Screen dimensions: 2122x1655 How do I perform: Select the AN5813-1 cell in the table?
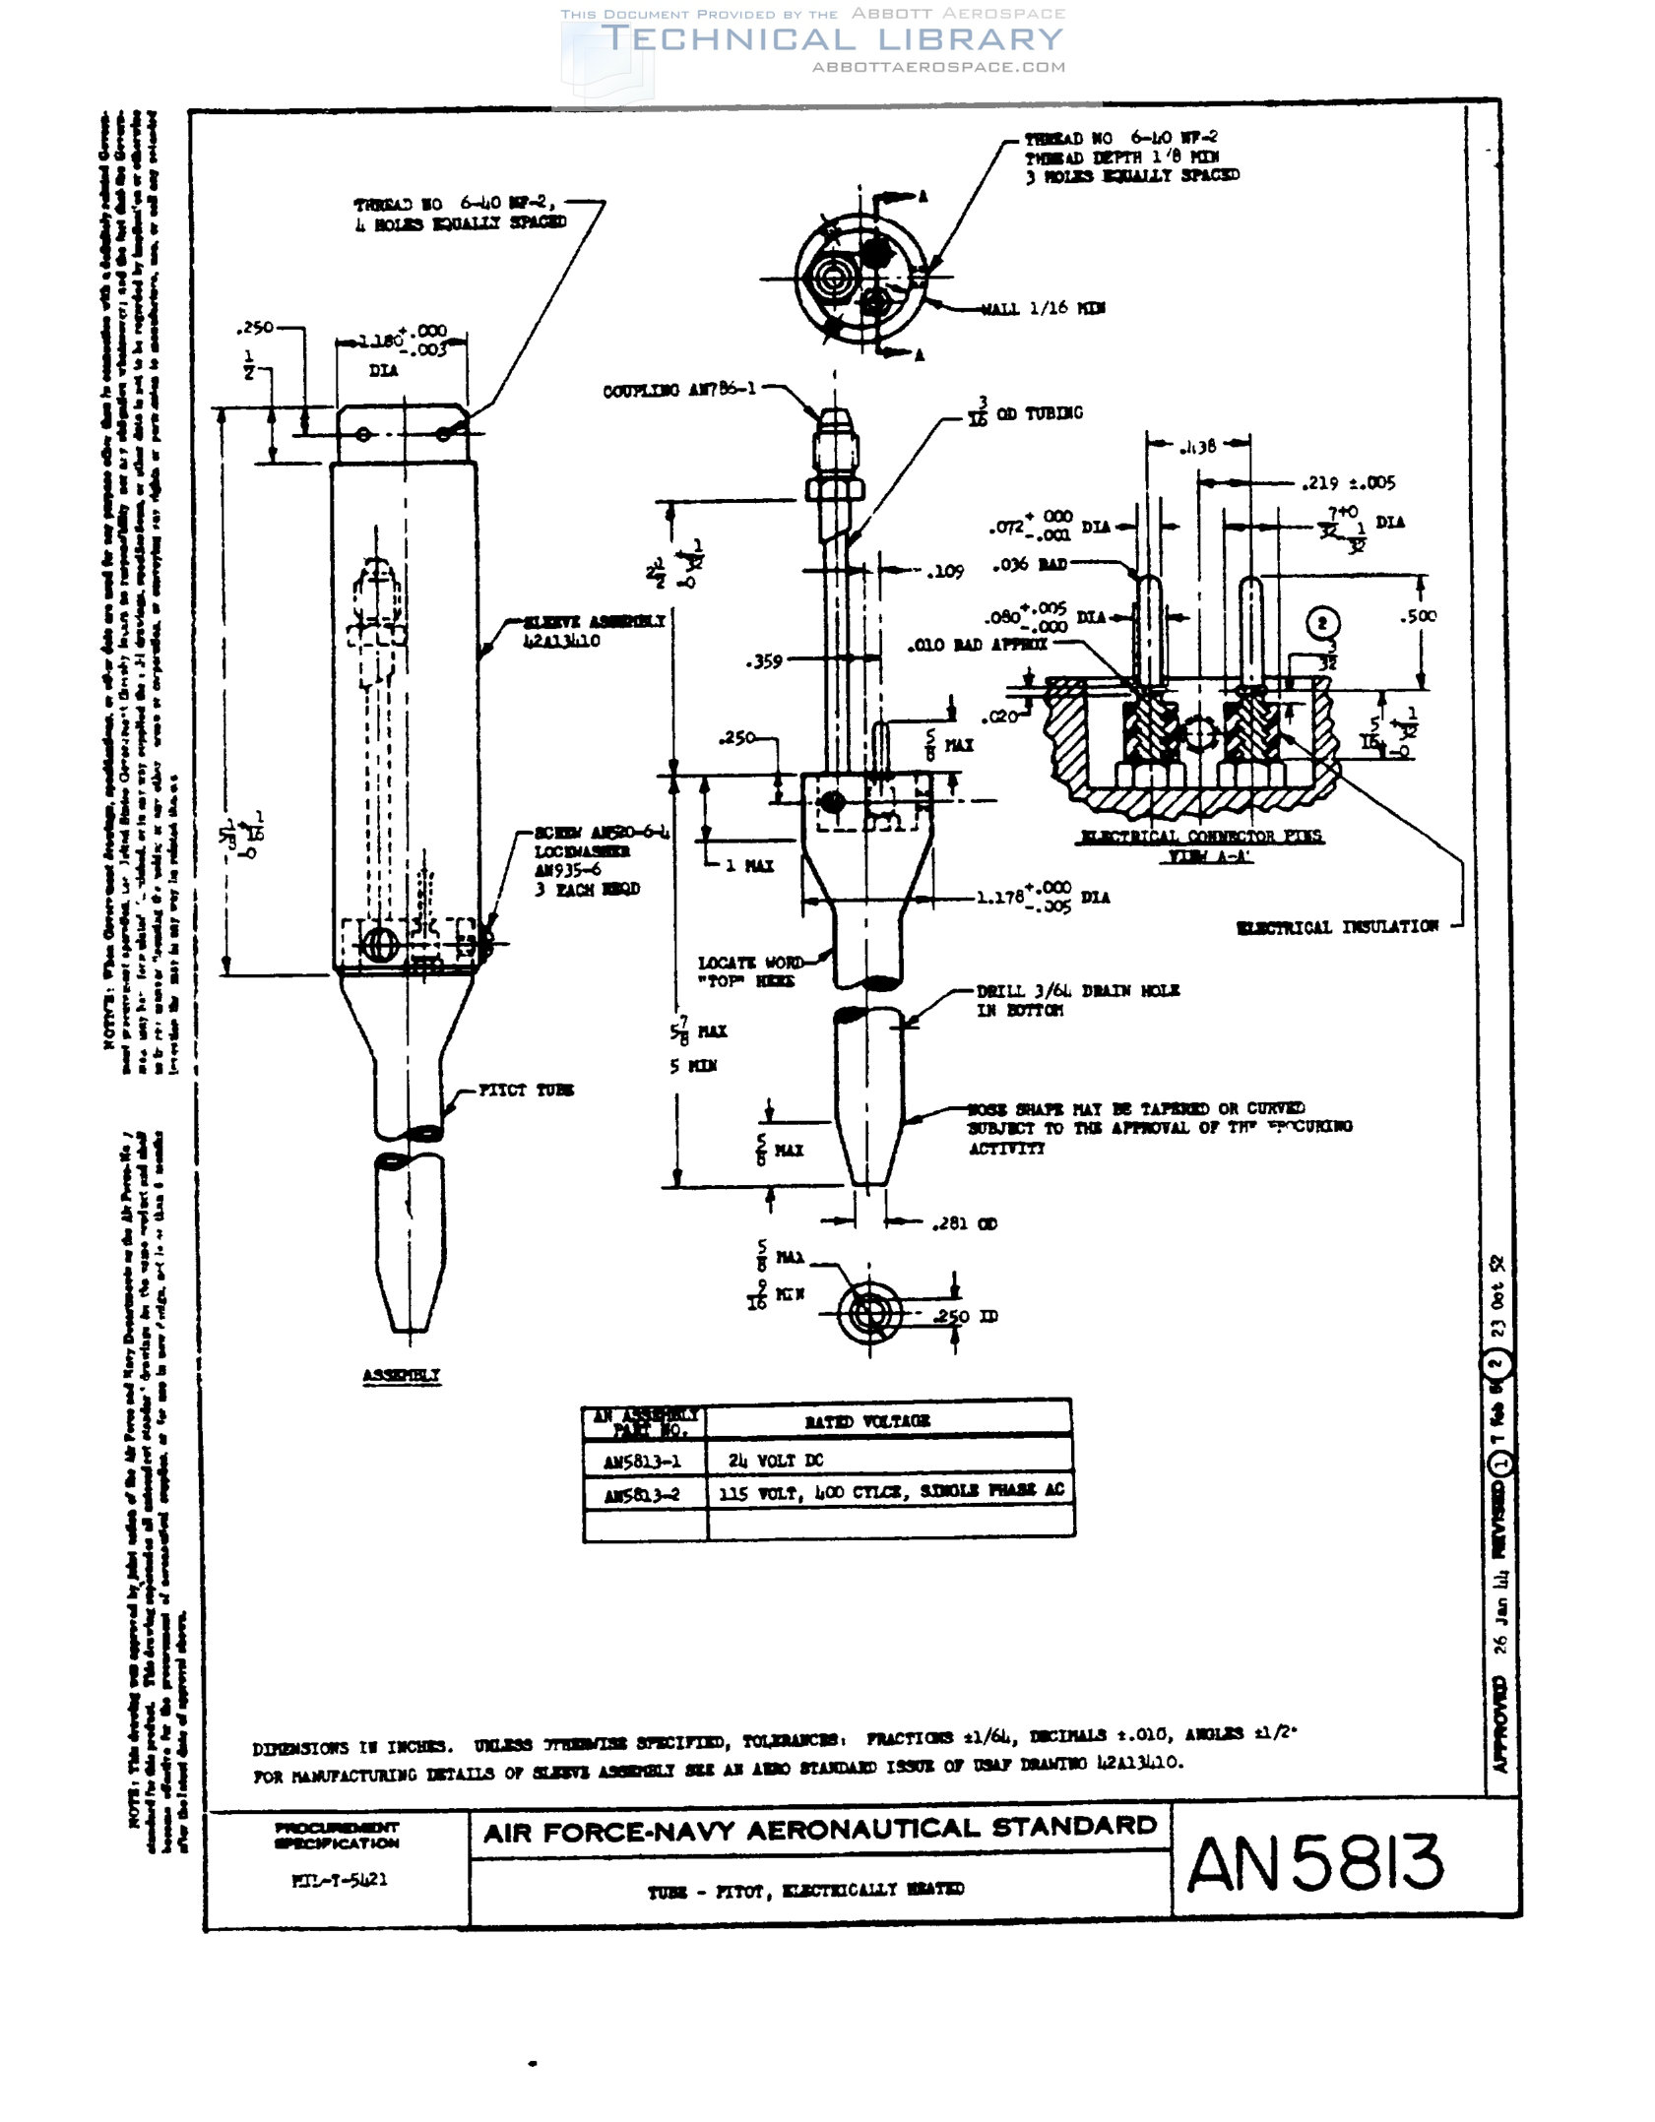click(x=642, y=1462)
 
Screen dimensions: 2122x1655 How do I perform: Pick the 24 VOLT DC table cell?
click(x=775, y=1460)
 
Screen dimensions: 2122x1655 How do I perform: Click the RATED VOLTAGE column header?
click(x=866, y=1421)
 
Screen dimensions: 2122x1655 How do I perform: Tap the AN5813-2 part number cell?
click(x=642, y=1495)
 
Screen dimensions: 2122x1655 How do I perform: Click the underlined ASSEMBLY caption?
click(x=401, y=1375)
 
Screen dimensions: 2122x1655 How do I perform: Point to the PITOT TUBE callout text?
click(x=526, y=1090)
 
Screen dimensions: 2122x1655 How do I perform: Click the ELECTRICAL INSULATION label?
click(x=1337, y=926)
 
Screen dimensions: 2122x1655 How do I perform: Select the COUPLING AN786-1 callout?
click(x=679, y=390)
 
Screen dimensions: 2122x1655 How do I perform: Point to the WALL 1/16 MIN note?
click(x=1043, y=308)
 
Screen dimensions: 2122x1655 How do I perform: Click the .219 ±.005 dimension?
click(x=1348, y=483)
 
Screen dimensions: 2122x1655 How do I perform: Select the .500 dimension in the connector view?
click(x=1418, y=616)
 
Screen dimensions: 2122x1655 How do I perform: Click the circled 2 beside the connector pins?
click(x=1323, y=623)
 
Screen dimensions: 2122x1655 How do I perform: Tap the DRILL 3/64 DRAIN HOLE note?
click(x=1077, y=999)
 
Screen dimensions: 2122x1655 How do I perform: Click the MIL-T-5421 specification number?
click(x=340, y=1879)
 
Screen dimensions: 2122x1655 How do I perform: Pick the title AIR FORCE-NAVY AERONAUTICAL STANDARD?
click(x=819, y=1830)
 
